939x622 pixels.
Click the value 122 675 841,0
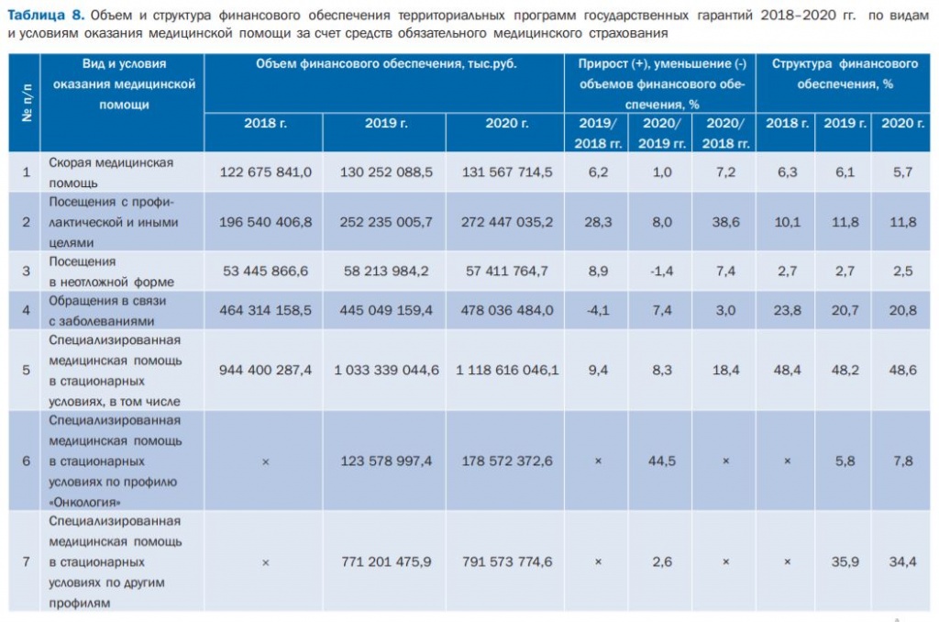coord(266,172)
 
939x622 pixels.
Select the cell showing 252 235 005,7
coord(386,221)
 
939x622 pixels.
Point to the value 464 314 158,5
coord(266,310)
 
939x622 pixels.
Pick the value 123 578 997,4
coord(386,461)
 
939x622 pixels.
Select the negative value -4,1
coord(598,310)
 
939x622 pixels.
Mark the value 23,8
coord(787,310)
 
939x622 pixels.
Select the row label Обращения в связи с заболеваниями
coord(103,310)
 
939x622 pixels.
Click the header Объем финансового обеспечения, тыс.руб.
coord(383,64)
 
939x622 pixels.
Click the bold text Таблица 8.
coord(46,16)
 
